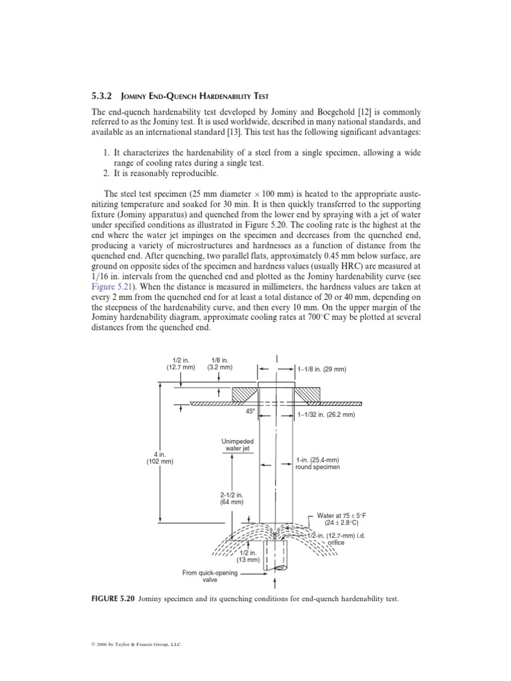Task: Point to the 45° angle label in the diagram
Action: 250,411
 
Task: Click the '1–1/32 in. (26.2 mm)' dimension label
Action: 331,415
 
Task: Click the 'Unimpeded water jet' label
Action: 237,445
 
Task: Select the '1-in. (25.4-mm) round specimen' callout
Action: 317,463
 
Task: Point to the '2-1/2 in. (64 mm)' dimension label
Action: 232,498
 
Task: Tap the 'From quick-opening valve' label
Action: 209,575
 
